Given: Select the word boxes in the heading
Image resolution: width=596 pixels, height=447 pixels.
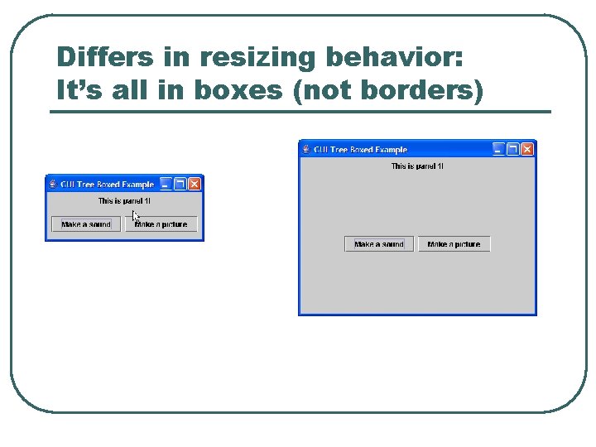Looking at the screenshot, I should click(x=242, y=89).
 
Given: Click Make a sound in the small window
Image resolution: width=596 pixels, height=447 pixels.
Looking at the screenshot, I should click(x=86, y=224).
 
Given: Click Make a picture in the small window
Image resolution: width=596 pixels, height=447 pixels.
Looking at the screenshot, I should click(x=161, y=224).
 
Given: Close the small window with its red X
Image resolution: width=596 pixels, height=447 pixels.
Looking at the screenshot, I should click(x=195, y=184).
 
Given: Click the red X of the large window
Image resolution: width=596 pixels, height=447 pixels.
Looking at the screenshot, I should click(x=527, y=149).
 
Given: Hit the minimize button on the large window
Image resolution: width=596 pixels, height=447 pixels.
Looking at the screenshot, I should click(x=498, y=149).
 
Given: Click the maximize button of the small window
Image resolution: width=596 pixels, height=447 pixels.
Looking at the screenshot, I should click(x=180, y=184).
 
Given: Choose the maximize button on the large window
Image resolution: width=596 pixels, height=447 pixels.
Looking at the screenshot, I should click(x=512, y=149).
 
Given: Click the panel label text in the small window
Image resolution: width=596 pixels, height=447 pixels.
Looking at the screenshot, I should click(x=124, y=201).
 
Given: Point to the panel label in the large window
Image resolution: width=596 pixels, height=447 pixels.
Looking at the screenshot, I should click(x=417, y=166).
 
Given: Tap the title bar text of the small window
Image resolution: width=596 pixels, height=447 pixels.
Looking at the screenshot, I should click(x=107, y=185).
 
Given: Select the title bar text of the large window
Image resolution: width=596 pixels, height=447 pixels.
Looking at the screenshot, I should click(x=360, y=150).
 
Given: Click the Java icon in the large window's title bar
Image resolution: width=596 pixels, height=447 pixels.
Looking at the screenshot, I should click(x=305, y=150).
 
